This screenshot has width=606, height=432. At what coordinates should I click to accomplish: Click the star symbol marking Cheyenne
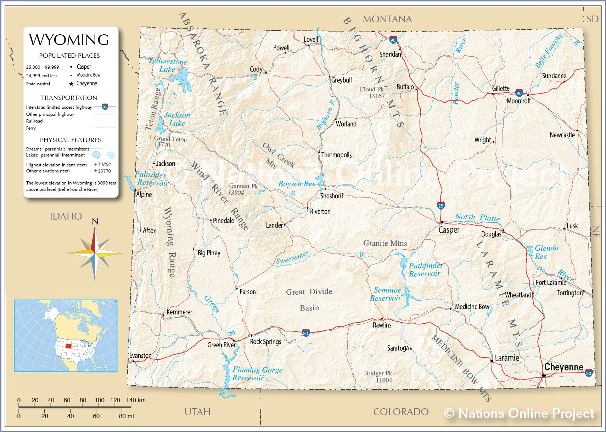coord(544,375)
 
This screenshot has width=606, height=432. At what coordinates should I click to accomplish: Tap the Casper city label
coord(449,230)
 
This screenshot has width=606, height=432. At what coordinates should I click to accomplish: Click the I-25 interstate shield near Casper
coord(441,205)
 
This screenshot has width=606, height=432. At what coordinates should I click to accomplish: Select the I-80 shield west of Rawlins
coord(305,333)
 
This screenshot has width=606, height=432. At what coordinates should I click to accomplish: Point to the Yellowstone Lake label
coord(167,65)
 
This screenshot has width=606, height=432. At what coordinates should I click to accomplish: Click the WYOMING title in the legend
coord(69,40)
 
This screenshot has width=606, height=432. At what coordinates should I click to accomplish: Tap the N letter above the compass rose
coord(95,222)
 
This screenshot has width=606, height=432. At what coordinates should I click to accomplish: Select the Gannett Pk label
coord(243,186)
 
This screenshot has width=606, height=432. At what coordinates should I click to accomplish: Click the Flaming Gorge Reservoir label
coord(257,374)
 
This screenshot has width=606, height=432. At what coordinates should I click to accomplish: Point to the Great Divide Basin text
coord(309,299)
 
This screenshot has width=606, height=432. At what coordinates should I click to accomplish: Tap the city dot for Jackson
coord(154,164)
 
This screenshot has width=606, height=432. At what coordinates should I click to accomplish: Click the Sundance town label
coord(554,76)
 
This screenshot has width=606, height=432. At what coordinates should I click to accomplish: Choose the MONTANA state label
coord(387,19)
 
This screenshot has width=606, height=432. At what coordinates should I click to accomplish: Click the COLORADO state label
coord(400,411)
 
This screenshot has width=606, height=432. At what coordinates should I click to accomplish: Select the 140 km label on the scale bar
coord(136,400)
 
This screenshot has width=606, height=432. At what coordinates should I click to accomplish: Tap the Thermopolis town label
coord(336,155)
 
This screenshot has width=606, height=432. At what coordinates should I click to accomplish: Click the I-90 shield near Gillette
coord(519,93)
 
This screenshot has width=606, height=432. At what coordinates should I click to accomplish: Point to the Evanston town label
coord(140,356)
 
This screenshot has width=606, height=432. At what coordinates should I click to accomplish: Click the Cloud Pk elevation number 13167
coord(376,96)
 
